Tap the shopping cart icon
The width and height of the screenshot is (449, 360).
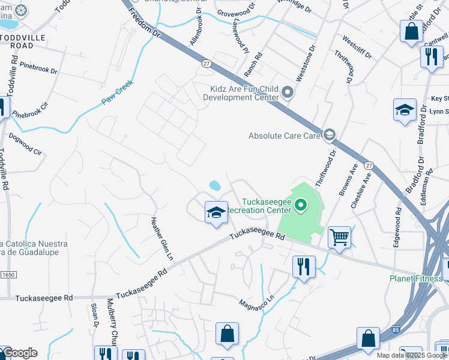(x=339, y=238)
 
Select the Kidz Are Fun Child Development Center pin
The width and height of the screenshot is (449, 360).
(x=288, y=93)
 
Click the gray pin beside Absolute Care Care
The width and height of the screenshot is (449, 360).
(x=329, y=136)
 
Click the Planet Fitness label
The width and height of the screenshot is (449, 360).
(x=416, y=278)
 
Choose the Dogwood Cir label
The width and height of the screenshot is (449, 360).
(x=27, y=148)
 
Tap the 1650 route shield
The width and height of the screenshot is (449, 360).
(x=7, y=274)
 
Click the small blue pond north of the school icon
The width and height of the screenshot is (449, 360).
(x=214, y=186)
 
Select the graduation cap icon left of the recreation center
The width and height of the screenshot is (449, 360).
(x=216, y=212)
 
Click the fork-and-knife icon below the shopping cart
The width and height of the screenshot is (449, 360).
(x=304, y=266)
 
